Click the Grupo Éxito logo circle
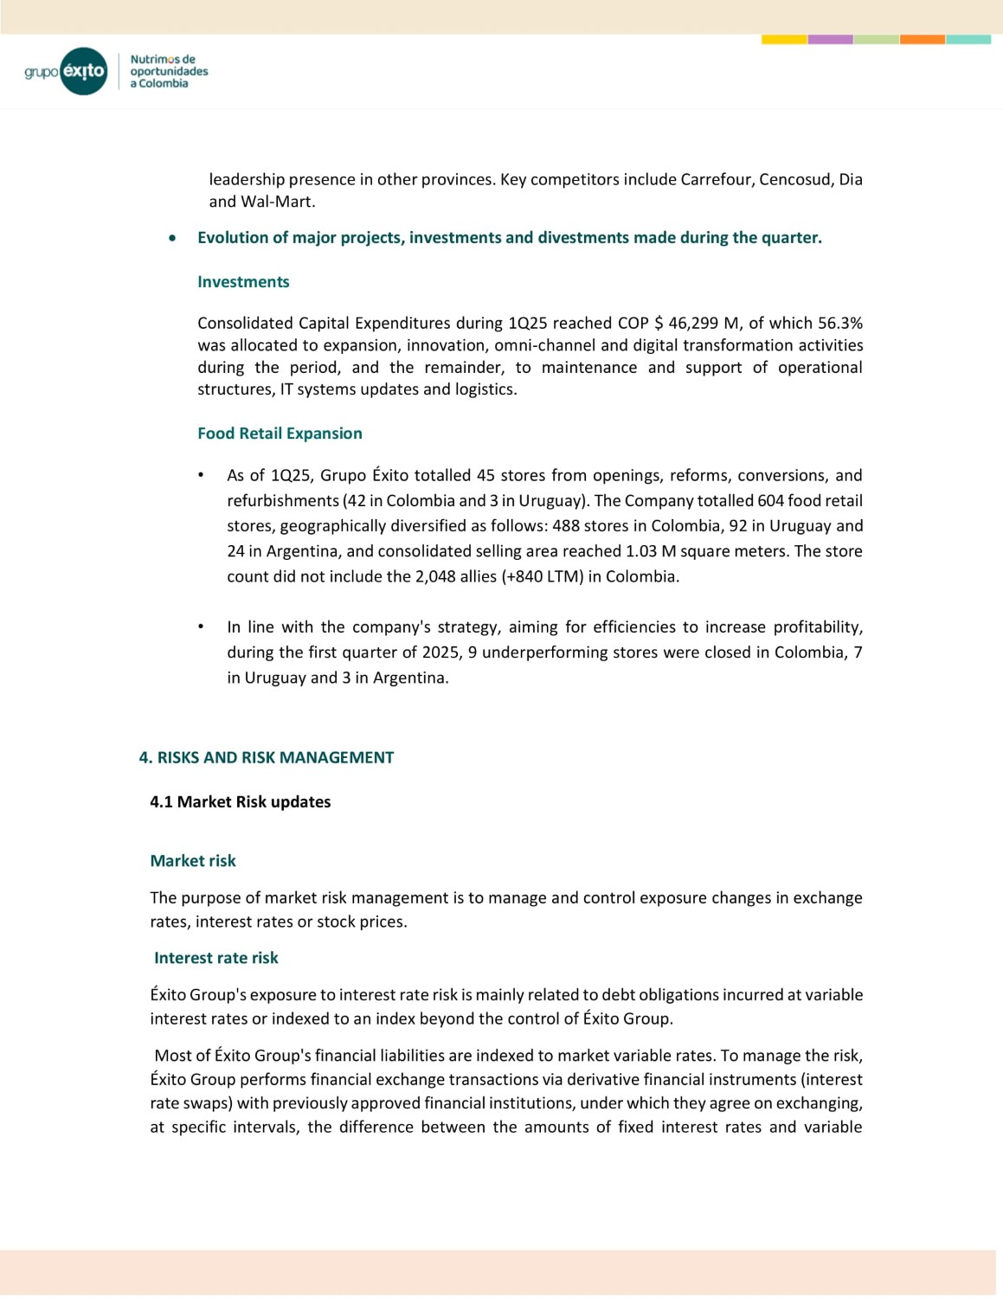pyautogui.click(x=84, y=71)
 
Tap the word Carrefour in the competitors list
pyautogui.click(x=717, y=179)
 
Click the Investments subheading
pyautogui.click(x=243, y=282)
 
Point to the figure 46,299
pyautogui.click(x=695, y=323)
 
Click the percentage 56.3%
pyautogui.click(x=840, y=323)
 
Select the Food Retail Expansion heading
pyautogui.click(x=280, y=434)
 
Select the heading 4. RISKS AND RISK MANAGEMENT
pyautogui.click(x=267, y=758)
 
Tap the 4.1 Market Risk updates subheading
pyautogui.click(x=240, y=802)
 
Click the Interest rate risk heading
pyautogui.click(x=216, y=958)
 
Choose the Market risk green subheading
pyautogui.click(x=193, y=861)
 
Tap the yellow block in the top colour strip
pyautogui.click(x=784, y=40)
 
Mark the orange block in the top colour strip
pyautogui.click(x=922, y=40)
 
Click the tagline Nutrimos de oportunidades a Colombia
pyautogui.click(x=169, y=72)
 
